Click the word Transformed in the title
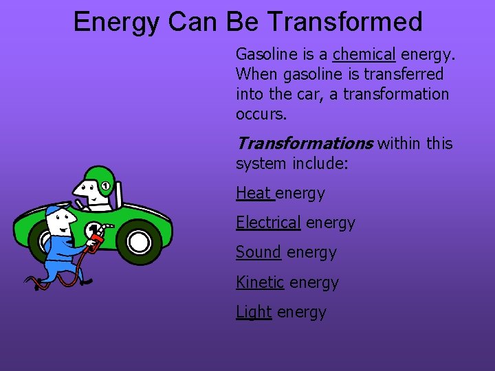[344, 22]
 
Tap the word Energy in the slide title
[115, 22]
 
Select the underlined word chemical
[364, 54]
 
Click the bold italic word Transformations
[304, 143]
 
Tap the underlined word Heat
[254, 193]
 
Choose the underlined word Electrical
[268, 223]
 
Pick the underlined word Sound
[258, 252]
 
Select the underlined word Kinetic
[260, 282]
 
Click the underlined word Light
[254, 311]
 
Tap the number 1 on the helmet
[105, 185]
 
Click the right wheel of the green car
[140, 241]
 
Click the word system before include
[261, 164]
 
